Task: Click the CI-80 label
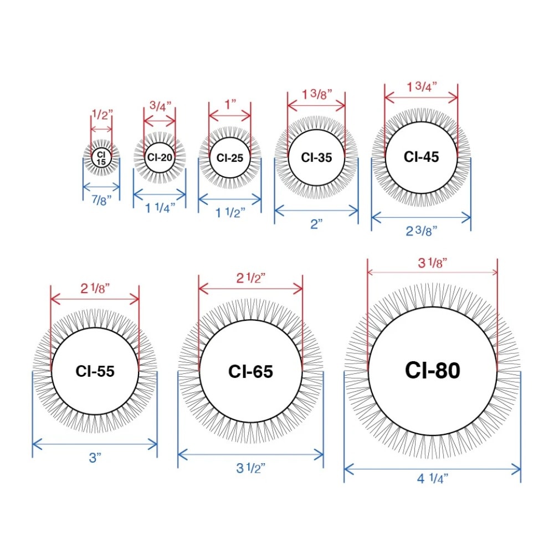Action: click(x=433, y=370)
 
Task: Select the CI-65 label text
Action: click(x=250, y=371)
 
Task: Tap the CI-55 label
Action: click(x=95, y=371)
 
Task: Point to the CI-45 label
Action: click(x=421, y=157)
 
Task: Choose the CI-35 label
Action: click(x=316, y=157)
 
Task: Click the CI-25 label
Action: click(x=230, y=157)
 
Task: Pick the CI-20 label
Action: click(x=160, y=157)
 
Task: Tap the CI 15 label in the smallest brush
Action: click(x=101, y=158)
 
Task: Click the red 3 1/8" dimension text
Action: click(x=433, y=263)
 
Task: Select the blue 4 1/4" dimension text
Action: click(x=433, y=479)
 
